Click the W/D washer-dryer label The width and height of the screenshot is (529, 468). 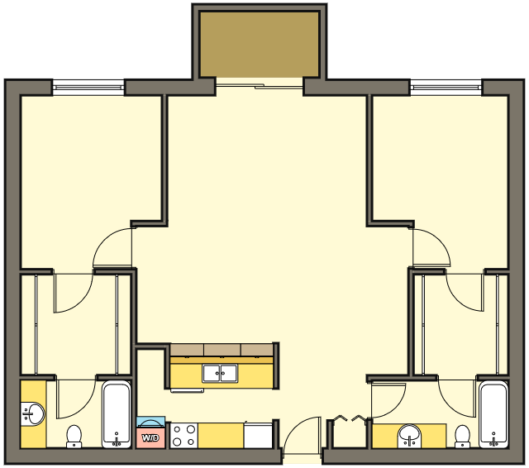click(x=150, y=438)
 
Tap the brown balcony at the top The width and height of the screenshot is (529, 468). click(x=259, y=44)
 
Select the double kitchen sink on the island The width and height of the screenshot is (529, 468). click(x=220, y=373)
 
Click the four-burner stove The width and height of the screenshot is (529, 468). click(x=183, y=435)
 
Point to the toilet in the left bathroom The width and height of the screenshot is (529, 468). click(x=74, y=437)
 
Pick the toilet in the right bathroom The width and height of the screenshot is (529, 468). click(x=462, y=437)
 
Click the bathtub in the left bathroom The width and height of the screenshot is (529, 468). click(x=117, y=414)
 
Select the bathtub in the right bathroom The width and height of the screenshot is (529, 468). click(x=493, y=414)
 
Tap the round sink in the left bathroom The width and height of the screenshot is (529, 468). click(x=33, y=413)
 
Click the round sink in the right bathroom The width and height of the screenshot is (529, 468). click(x=409, y=436)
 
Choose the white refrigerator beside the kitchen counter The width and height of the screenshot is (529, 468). click(x=258, y=436)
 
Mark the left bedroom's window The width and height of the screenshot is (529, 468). click(x=88, y=88)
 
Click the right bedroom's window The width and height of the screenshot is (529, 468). click(x=446, y=88)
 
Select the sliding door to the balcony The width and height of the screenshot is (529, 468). click(x=259, y=87)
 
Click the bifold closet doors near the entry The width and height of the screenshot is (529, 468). click(x=349, y=419)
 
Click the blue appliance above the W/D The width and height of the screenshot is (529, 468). click(x=150, y=422)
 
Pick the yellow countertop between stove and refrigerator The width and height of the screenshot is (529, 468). click(x=221, y=436)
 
